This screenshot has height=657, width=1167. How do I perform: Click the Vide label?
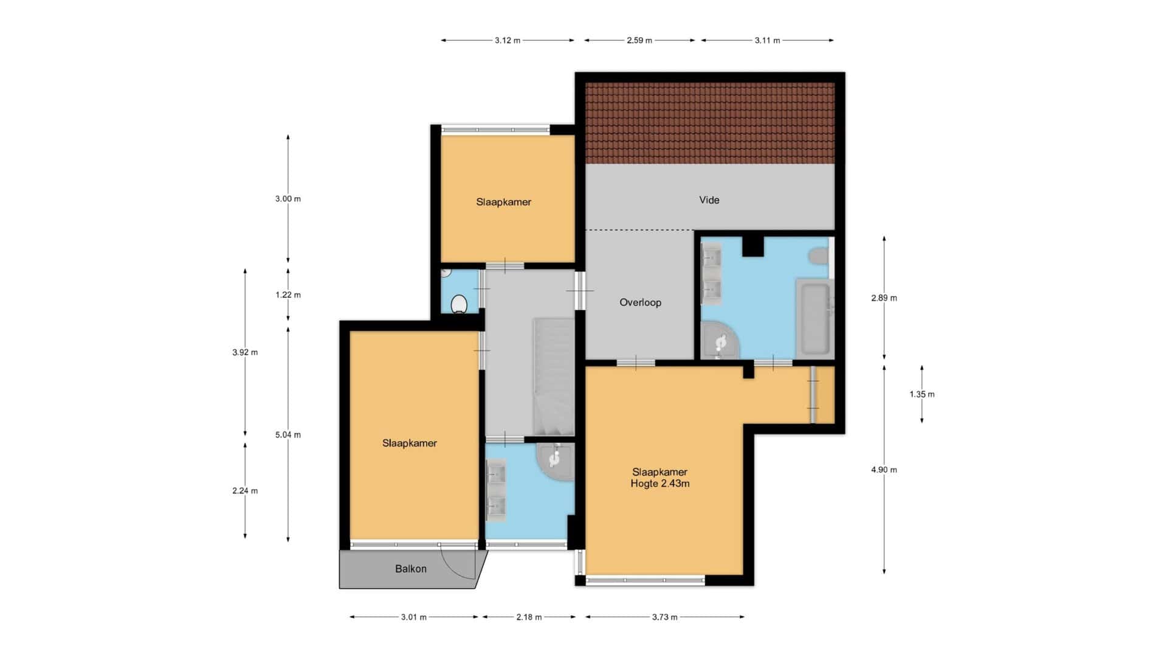pyautogui.click(x=709, y=200)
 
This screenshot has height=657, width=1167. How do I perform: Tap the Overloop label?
pyautogui.click(x=640, y=302)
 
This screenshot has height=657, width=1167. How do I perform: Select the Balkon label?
pyautogui.click(x=410, y=569)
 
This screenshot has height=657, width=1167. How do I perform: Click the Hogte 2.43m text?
pyautogui.click(x=660, y=484)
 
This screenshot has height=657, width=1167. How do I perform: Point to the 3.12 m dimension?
pyautogui.click(x=508, y=40)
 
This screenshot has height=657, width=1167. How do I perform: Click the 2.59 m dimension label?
pyautogui.click(x=639, y=40)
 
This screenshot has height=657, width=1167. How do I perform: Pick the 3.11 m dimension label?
pyautogui.click(x=767, y=40)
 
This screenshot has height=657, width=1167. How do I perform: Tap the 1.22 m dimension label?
pyautogui.click(x=288, y=295)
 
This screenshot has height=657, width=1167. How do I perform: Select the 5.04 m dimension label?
pyautogui.click(x=288, y=435)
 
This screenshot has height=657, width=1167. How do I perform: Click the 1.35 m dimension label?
pyautogui.click(x=922, y=394)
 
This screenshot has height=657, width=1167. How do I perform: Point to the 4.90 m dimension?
pyautogui.click(x=884, y=470)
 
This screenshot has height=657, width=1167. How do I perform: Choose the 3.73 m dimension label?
pyautogui.click(x=665, y=617)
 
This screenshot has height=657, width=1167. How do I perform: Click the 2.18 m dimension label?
pyautogui.click(x=529, y=617)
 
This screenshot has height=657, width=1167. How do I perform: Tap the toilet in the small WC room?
pyautogui.click(x=459, y=304)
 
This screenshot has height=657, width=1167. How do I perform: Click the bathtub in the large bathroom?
pyautogui.click(x=814, y=318)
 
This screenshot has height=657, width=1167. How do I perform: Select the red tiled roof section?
pyautogui.click(x=710, y=123)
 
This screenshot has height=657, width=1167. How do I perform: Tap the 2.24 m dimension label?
pyautogui.click(x=245, y=491)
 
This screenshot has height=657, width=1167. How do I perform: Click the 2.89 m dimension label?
pyautogui.click(x=884, y=298)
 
